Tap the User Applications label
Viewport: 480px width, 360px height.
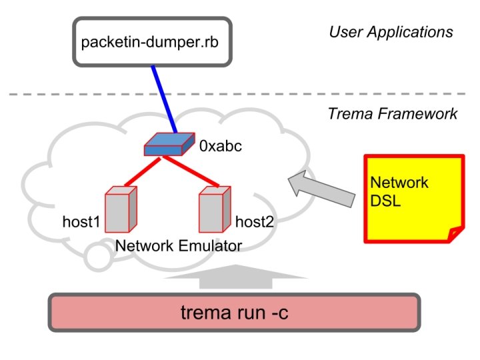(391, 31)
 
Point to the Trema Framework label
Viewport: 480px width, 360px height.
(393, 113)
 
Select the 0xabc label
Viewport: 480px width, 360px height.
(221, 145)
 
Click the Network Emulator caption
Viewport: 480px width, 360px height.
(179, 245)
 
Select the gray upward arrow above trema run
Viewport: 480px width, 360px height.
(235, 277)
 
